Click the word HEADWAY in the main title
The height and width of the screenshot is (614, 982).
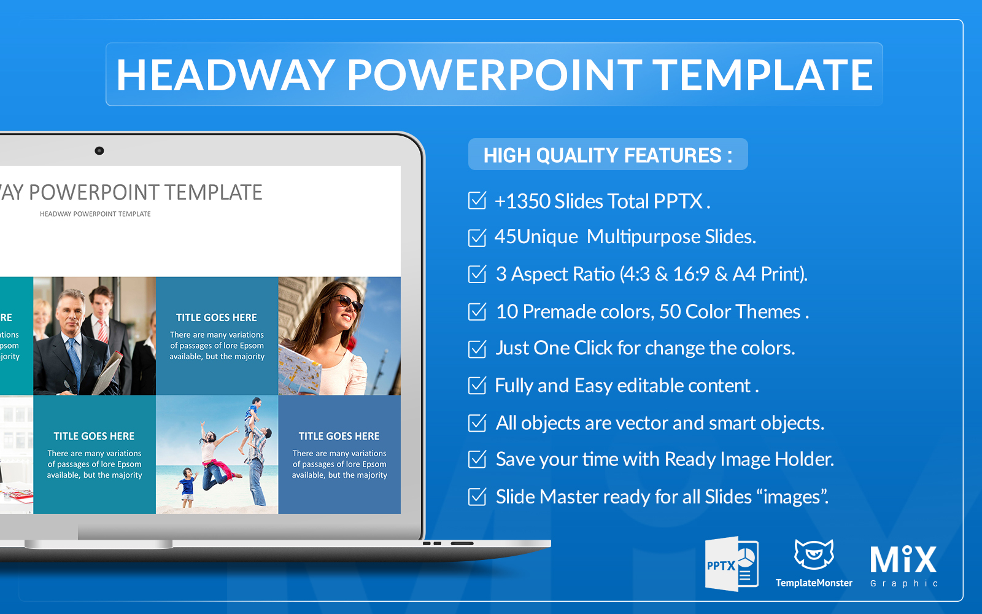[226, 75]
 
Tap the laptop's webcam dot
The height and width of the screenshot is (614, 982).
[99, 151]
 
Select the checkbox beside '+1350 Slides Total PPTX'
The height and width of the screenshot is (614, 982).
[477, 200]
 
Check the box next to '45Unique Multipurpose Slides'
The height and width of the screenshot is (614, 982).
[477, 237]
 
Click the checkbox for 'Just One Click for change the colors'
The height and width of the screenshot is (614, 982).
[477, 349]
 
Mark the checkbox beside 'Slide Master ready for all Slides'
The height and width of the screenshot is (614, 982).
[477, 497]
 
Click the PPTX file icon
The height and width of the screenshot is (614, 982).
[731, 564]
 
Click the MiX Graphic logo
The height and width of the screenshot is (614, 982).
[903, 566]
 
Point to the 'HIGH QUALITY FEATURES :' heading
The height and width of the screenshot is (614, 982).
[608, 155]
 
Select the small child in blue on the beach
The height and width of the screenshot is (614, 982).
[188, 486]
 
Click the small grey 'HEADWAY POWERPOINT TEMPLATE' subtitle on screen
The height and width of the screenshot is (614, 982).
[95, 214]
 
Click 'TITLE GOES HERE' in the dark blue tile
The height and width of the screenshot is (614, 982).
[339, 437]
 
